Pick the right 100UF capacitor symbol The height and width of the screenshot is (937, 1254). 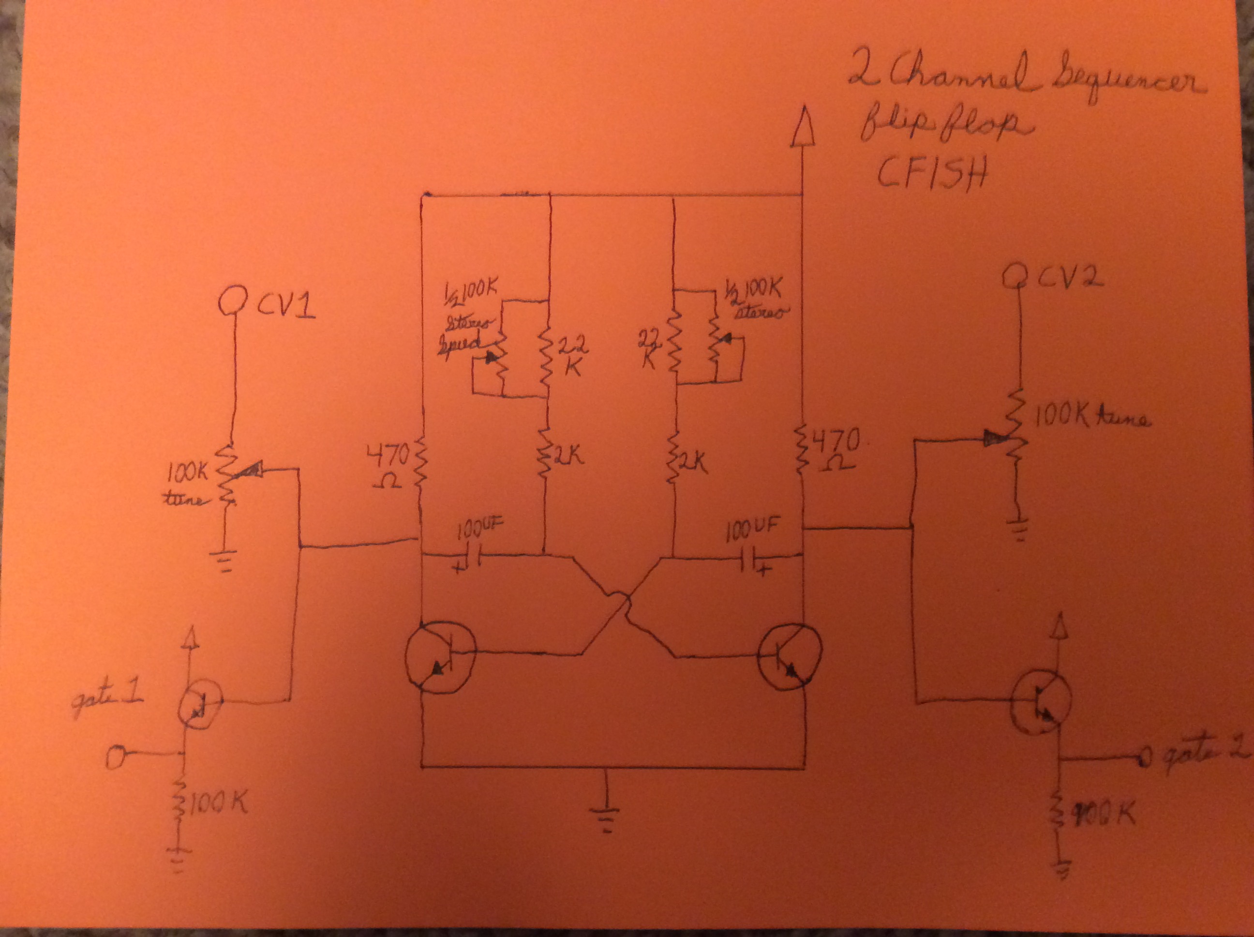pos(749,560)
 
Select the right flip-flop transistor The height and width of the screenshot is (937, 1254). pos(789,657)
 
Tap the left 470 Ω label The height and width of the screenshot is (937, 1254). pos(388,465)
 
